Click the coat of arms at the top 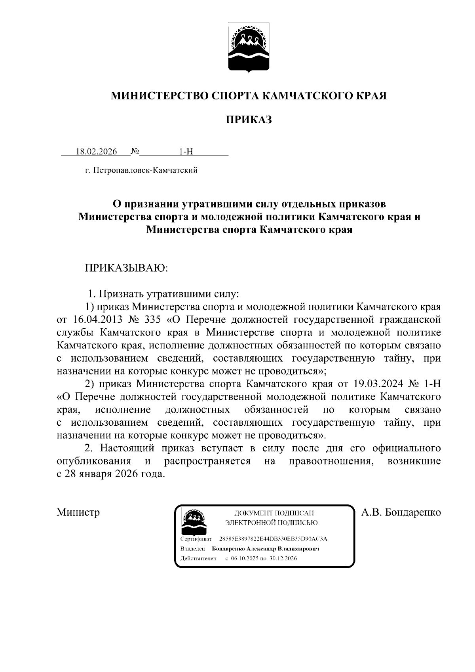pyautogui.click(x=249, y=48)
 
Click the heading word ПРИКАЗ pyautogui.click(x=249, y=120)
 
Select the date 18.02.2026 pyautogui.click(x=97, y=152)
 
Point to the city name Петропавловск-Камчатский pyautogui.click(x=144, y=171)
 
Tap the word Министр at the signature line pyautogui.click(x=78, y=512)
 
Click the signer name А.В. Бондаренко pyautogui.click(x=401, y=512)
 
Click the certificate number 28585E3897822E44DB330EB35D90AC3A pyautogui.click(x=273, y=539)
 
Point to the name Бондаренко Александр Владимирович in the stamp pyautogui.click(x=266, y=549)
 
